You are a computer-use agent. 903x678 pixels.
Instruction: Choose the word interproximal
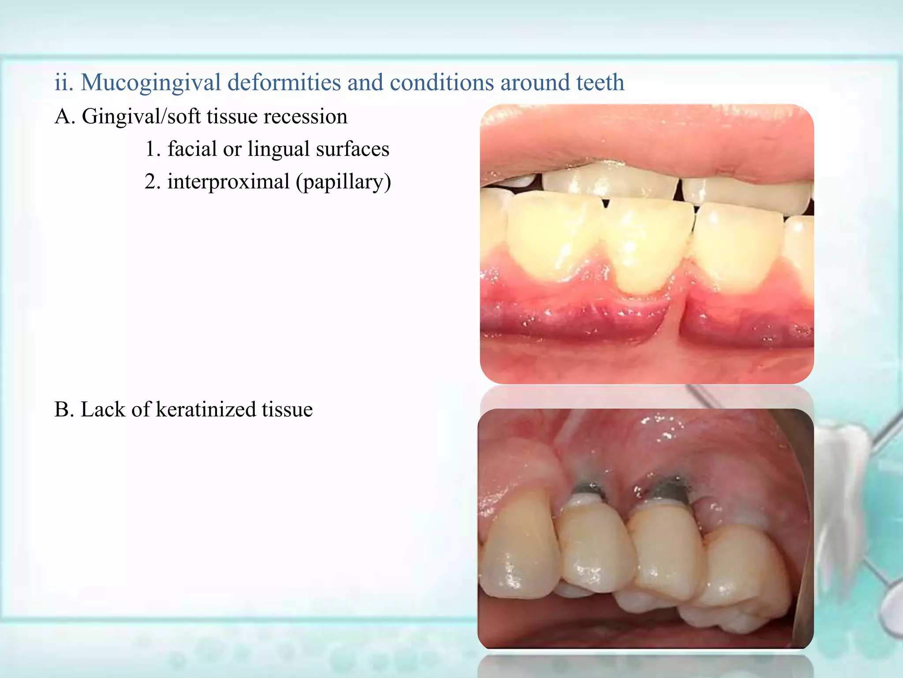228,182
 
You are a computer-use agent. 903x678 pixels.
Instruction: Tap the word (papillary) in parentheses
343,182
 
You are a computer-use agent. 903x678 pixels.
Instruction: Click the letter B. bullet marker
64,410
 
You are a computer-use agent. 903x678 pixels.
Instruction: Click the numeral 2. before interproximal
153,182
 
